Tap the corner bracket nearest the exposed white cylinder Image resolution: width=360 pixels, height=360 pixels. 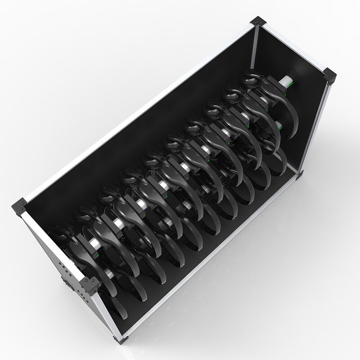331,76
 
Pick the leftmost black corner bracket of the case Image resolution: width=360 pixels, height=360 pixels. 19,207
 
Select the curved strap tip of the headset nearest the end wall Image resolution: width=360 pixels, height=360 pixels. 279,148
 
